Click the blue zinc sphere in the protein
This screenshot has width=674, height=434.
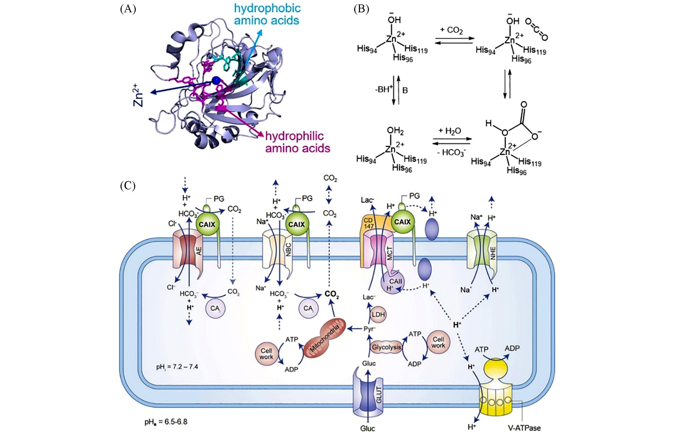point(216,80)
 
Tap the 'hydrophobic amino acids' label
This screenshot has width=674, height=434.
point(267,14)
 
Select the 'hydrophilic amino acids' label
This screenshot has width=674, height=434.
point(297,142)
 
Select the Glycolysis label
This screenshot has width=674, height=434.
point(386,347)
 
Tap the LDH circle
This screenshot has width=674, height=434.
point(378,314)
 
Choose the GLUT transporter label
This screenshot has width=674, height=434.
point(378,395)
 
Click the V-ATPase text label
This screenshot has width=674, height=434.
point(524,428)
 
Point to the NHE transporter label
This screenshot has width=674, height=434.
point(493,253)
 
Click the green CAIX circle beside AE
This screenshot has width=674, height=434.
point(207,225)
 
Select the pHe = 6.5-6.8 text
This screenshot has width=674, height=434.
point(166,422)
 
